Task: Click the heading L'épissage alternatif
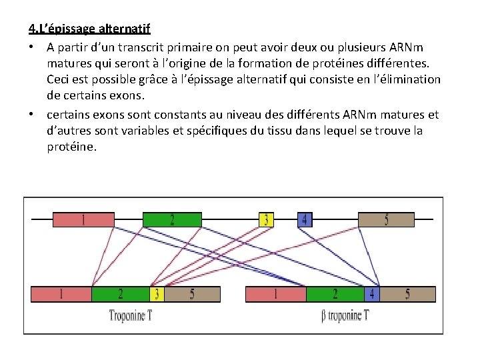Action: point(89,29)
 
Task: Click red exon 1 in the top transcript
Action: point(83,219)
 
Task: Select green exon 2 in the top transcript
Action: point(172,219)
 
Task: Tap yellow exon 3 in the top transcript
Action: point(266,219)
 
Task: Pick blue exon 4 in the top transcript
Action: point(305,219)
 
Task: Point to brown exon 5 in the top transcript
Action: point(387,219)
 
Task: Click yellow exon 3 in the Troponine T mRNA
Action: point(157,294)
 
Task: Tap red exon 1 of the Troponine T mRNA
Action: point(61,294)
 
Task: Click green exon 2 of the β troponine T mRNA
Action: point(335,294)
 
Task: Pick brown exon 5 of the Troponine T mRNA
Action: point(192,294)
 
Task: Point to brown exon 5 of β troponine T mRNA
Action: point(407,294)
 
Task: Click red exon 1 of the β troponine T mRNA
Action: point(276,294)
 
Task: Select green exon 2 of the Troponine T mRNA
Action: point(120,294)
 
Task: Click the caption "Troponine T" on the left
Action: point(131,315)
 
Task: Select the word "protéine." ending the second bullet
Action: point(72,147)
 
